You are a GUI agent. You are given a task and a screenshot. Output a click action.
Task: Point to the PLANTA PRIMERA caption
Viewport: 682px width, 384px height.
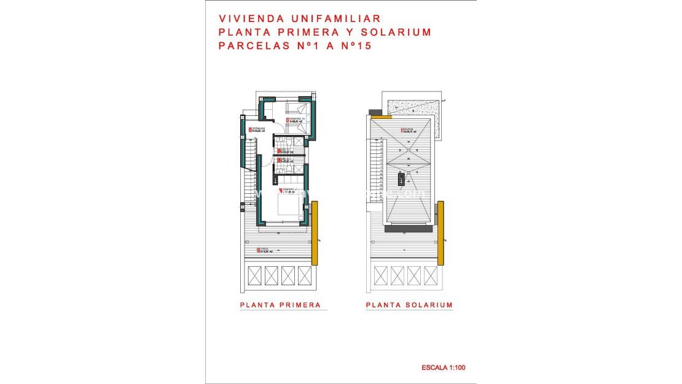coord(280,305)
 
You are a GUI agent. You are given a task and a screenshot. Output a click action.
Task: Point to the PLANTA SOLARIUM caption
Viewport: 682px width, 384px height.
coord(409,305)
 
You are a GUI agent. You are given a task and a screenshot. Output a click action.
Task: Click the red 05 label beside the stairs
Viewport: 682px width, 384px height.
coord(251,129)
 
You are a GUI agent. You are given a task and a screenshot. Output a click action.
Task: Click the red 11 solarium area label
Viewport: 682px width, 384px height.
coord(403,130)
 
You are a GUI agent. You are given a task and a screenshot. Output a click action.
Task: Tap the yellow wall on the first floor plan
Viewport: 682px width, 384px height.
coord(315,235)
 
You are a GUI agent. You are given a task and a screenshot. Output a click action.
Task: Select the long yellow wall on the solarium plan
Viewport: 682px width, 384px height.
coord(441,233)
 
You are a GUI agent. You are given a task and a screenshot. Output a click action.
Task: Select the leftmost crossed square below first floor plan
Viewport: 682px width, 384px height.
coord(254,275)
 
